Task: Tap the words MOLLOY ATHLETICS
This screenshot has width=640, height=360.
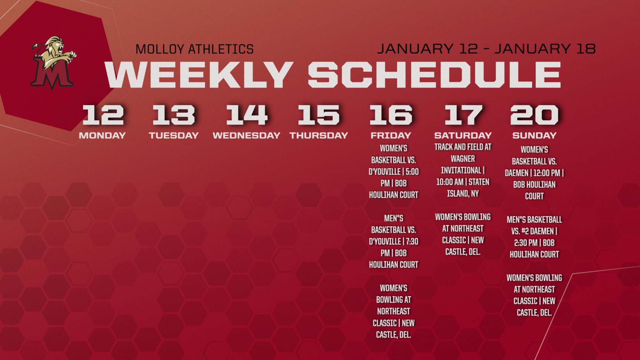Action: pos(195,49)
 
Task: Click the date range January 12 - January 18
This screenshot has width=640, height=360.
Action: pos(486,49)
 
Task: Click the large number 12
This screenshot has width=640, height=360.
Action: pos(103,115)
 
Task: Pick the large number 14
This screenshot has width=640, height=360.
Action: pos(247,115)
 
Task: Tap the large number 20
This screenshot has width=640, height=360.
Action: pos(534,115)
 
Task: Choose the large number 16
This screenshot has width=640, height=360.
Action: pos(391,115)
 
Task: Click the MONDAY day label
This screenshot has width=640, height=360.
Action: pos(102,136)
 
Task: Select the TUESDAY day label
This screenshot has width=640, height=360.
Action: pos(174,136)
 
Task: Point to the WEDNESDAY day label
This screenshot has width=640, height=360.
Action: pos(246,136)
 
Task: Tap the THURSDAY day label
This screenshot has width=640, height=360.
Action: pos(319,136)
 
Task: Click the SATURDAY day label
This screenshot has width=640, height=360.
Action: pos(463,136)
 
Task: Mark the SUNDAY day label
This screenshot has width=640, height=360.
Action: pos(534,136)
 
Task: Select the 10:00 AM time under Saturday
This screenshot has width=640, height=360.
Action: pos(450,182)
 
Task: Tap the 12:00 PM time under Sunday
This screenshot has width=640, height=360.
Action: pos(547,173)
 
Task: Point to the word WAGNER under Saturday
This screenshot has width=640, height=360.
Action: pos(463,159)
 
